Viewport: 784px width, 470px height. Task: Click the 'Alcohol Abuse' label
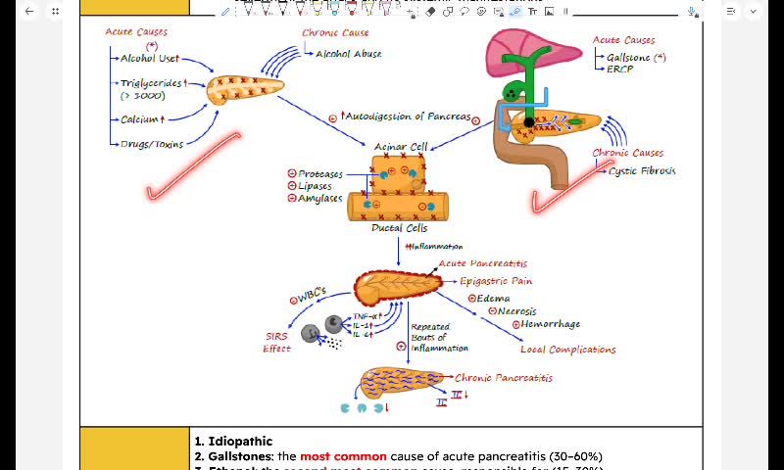348,54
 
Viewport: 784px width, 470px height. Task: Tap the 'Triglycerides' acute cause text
151,83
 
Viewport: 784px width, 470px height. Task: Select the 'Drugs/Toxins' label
151,144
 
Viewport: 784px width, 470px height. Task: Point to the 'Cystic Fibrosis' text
642,170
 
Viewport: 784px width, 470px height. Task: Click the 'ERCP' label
619,70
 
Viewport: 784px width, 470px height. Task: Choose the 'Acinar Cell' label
401,146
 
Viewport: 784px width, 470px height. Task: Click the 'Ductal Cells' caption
399,228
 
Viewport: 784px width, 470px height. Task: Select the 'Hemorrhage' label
550,324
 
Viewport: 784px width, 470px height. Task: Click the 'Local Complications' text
567,350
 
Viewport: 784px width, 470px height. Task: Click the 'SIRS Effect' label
277,342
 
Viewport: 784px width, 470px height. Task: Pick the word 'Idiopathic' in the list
240,442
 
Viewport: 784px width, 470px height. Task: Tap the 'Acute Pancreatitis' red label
483,263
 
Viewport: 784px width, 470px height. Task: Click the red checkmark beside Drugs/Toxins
191,166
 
